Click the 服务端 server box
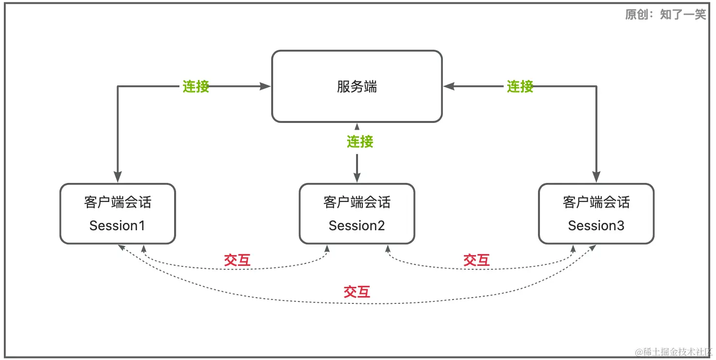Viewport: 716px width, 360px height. click(x=357, y=86)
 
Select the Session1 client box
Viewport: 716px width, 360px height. click(x=118, y=214)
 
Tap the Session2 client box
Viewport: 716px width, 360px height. click(x=357, y=214)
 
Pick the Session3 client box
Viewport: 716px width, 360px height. click(x=596, y=214)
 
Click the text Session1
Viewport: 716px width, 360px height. click(x=117, y=226)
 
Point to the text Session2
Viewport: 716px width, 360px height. click(x=357, y=226)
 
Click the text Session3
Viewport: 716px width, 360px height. click(x=596, y=226)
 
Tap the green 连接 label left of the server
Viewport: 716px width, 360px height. click(x=196, y=87)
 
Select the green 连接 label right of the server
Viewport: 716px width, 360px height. click(x=520, y=87)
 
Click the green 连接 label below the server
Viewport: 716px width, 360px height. click(x=360, y=141)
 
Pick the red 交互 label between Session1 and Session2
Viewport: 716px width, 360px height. click(x=237, y=260)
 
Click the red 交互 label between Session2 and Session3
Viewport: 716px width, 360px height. click(x=476, y=260)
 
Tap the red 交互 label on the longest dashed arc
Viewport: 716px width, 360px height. click(x=357, y=292)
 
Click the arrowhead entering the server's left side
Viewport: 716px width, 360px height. click(x=265, y=86)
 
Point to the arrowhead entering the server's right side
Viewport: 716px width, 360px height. click(x=449, y=86)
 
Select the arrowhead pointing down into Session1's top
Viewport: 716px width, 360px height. click(x=118, y=177)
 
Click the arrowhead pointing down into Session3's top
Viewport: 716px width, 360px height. click(x=596, y=177)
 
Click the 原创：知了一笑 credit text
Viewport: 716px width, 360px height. click(x=665, y=15)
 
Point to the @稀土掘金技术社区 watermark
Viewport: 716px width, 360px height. click(x=674, y=352)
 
